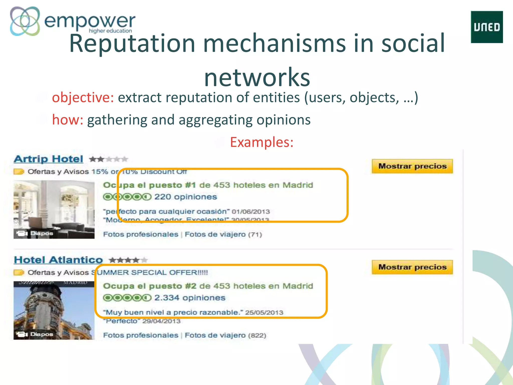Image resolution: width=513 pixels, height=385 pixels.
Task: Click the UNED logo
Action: point(486,27)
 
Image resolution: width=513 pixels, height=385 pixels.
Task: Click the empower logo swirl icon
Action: point(25,21)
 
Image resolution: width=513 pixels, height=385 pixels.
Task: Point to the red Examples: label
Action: point(262,142)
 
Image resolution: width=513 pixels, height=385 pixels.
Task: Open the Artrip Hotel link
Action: point(49,159)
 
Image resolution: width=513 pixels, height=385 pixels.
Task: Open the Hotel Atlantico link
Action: point(58,260)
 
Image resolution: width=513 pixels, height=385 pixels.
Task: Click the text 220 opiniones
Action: point(185,197)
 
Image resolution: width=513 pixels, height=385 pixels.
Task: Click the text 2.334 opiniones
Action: point(190,298)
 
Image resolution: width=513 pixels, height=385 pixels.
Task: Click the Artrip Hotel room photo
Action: point(54,209)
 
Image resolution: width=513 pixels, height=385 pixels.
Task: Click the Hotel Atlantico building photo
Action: point(54,310)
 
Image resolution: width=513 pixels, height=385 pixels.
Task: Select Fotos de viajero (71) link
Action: point(223,234)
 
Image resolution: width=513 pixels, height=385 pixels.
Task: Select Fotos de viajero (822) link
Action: point(225,335)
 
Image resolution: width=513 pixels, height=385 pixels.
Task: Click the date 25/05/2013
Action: point(264,313)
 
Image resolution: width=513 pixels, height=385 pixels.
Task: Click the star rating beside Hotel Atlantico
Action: point(128,260)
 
